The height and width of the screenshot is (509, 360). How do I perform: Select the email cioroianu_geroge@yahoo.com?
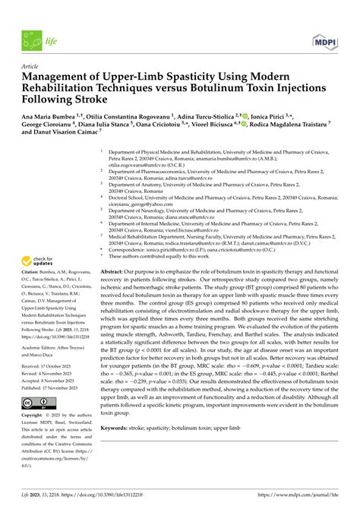144,204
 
